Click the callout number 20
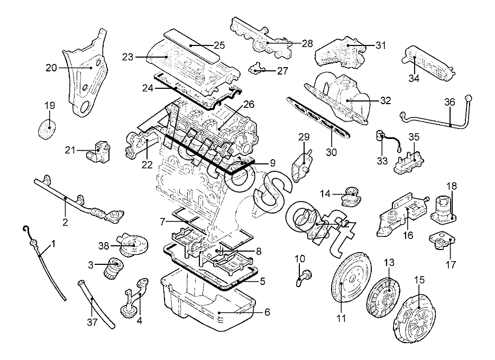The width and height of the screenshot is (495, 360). [51, 68]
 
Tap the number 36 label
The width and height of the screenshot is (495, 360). [450, 102]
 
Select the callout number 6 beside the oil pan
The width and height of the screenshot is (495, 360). [268, 312]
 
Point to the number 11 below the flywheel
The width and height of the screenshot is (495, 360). [341, 318]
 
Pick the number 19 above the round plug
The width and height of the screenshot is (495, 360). [49, 106]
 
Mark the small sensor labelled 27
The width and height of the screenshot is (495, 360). [256, 69]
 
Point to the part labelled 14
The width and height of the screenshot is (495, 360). [351, 197]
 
